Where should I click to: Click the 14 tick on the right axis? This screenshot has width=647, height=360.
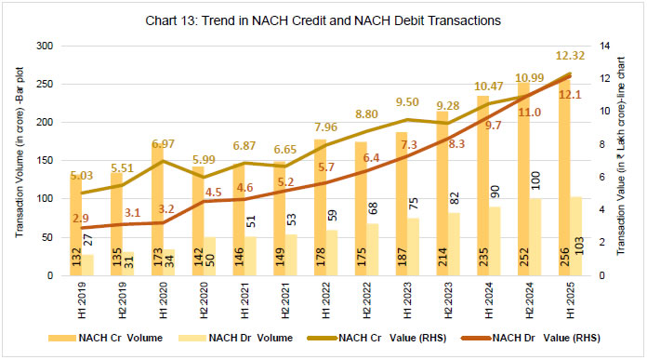point(599,46)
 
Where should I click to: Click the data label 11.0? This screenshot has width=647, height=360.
point(529,112)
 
